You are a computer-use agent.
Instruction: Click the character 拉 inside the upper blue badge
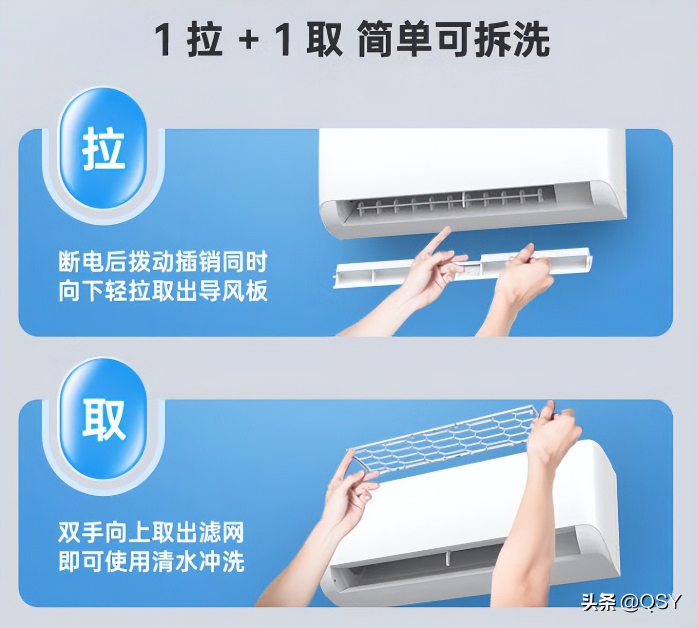pos(103,149)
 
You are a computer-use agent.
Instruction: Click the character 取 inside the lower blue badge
pos(103,420)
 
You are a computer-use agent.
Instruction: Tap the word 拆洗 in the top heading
pos(512,40)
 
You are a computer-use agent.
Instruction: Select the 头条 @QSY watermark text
pos(631,601)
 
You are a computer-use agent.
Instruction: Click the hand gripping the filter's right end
pos(556,432)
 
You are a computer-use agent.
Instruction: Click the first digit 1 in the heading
pos(164,40)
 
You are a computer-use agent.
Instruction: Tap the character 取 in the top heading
pos(324,40)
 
